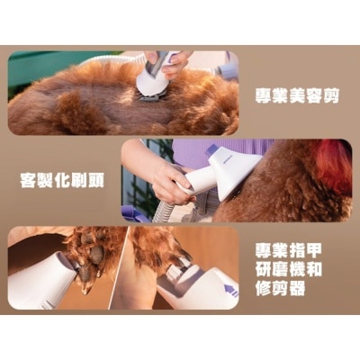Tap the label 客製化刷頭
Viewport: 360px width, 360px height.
coord(61,180)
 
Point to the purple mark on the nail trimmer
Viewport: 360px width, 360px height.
coord(230,291)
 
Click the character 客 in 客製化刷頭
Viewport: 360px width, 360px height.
coord(28,180)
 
